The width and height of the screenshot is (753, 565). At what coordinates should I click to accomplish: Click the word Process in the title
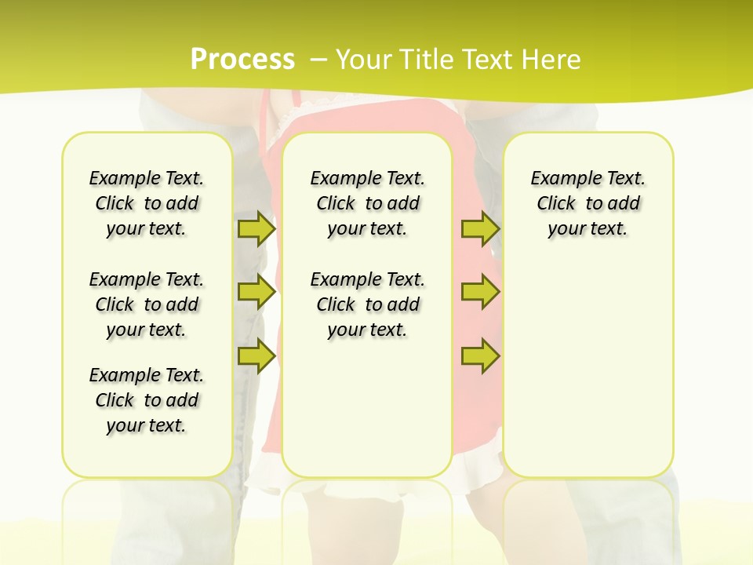pyautogui.click(x=242, y=59)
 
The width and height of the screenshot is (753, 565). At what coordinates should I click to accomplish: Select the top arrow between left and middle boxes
pyautogui.click(x=256, y=228)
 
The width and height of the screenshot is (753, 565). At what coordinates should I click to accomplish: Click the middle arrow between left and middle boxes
pyautogui.click(x=256, y=292)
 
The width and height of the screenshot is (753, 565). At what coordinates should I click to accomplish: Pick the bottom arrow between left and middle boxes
pyautogui.click(x=256, y=355)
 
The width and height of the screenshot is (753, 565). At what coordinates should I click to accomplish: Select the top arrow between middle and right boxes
pyautogui.click(x=480, y=228)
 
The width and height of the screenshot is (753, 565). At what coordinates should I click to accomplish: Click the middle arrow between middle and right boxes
pyautogui.click(x=480, y=292)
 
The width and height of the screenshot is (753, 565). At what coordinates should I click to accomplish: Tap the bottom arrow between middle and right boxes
pyautogui.click(x=480, y=355)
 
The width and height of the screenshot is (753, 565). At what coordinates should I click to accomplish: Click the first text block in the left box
pyautogui.click(x=147, y=203)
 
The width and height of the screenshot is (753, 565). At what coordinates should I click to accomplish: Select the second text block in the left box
pyautogui.click(x=147, y=304)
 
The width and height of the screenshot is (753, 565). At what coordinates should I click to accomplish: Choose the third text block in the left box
pyautogui.click(x=147, y=400)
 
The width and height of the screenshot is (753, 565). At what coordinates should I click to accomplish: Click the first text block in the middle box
pyautogui.click(x=367, y=203)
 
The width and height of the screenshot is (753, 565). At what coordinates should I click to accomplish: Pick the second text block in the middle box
pyautogui.click(x=367, y=304)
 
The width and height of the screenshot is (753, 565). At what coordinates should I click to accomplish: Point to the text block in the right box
pyautogui.click(x=587, y=203)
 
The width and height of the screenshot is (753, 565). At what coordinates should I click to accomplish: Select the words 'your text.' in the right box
pyautogui.click(x=587, y=228)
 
